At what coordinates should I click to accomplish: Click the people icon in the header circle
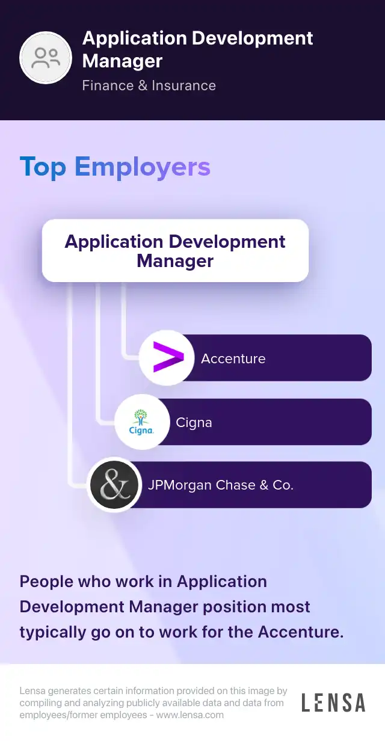coord(46,58)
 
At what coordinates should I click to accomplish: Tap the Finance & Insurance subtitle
coord(149,85)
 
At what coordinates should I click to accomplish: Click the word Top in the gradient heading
coord(43,167)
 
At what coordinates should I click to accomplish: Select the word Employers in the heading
coord(143,167)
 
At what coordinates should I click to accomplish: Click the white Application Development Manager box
coord(175,250)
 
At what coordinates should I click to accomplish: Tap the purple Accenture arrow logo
coord(168,357)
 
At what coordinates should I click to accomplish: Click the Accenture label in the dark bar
coord(233,358)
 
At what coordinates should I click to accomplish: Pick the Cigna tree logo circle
coord(142,422)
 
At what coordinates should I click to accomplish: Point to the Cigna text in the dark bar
coord(194,423)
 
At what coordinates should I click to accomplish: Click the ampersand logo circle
coord(114,485)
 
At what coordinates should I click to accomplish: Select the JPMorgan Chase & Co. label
coord(221,485)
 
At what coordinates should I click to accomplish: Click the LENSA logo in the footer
coord(333,703)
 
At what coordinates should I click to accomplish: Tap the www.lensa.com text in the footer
coord(190,715)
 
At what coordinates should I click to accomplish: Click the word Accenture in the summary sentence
coord(301,632)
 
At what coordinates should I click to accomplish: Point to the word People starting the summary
coord(46,582)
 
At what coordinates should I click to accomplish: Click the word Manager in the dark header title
coord(122,61)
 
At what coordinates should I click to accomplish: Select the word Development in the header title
coord(253,38)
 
